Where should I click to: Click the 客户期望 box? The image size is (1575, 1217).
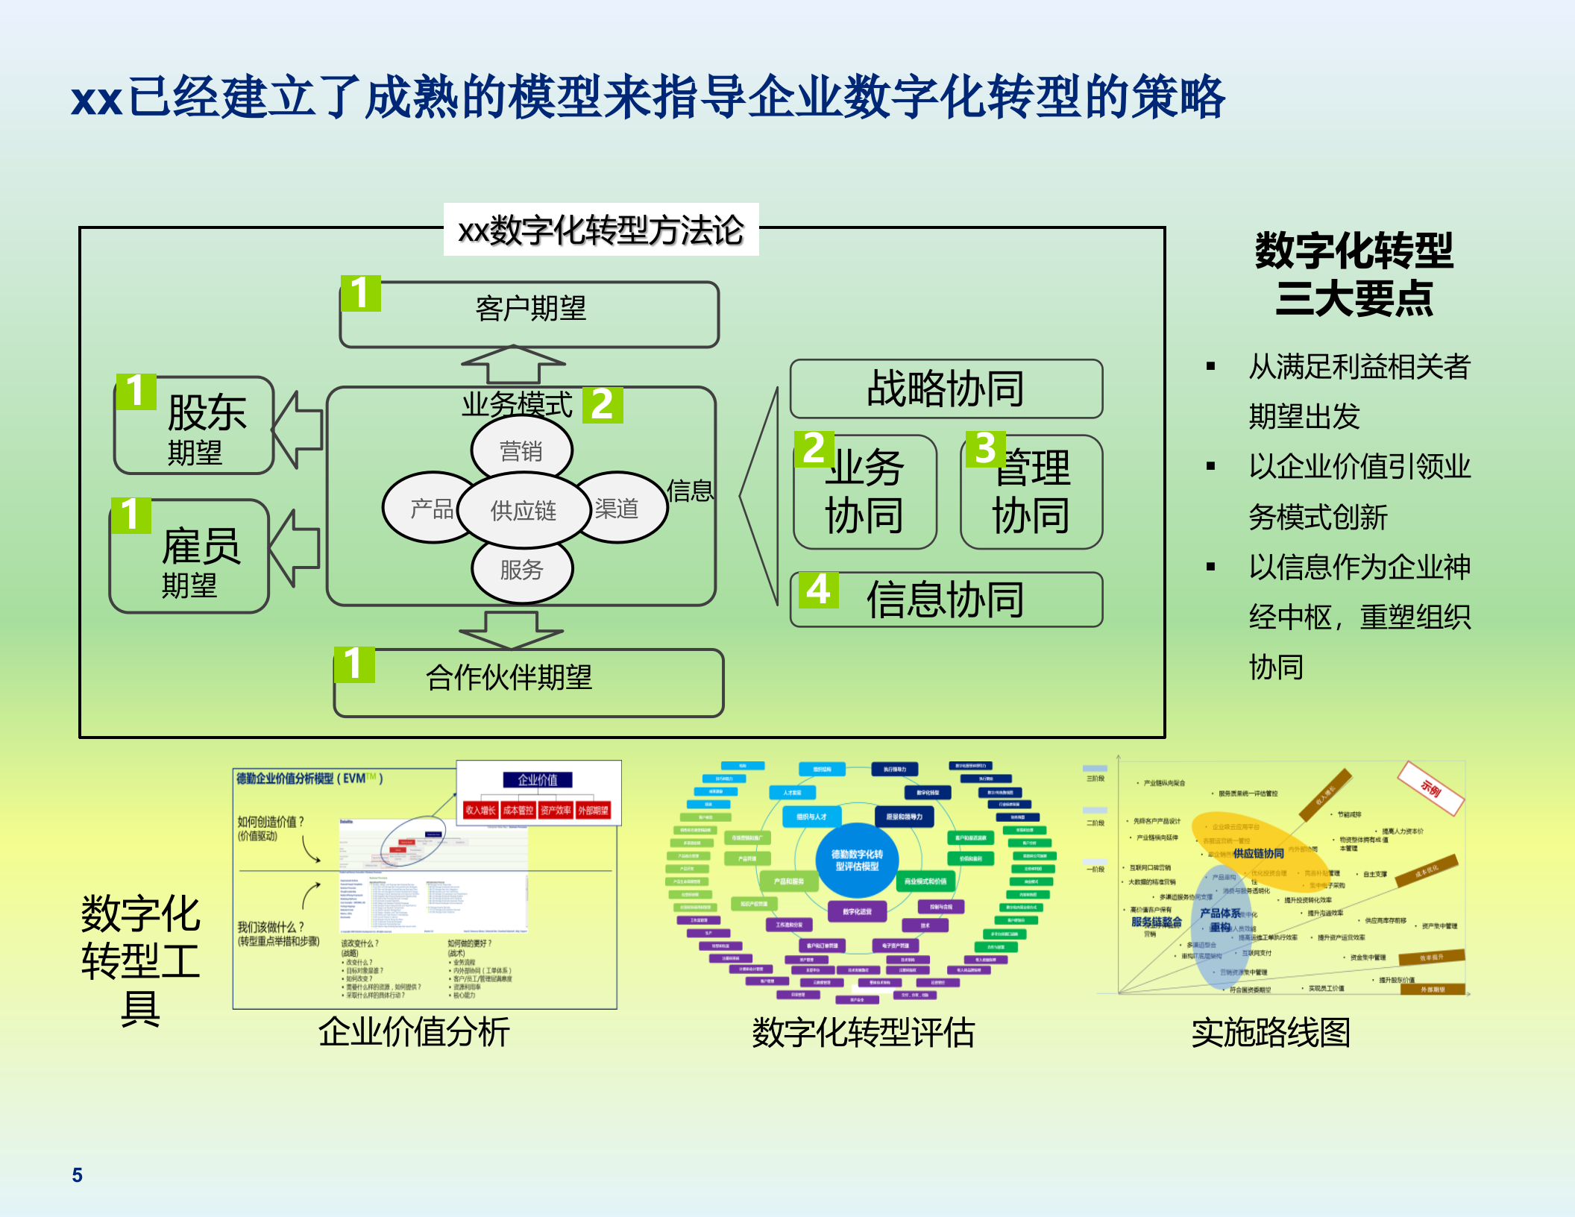point(529,314)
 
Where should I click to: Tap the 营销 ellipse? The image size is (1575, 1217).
point(521,450)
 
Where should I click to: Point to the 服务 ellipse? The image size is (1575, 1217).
point(521,570)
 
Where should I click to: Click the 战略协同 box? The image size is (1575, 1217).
point(946,389)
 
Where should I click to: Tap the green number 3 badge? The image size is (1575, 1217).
point(985,449)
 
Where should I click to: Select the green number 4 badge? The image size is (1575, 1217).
point(818,591)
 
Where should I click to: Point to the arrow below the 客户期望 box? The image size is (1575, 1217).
point(513,365)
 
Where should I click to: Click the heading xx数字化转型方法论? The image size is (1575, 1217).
point(601,230)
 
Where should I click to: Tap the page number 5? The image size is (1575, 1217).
point(77,1175)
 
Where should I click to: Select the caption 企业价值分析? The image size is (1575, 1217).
point(414,1032)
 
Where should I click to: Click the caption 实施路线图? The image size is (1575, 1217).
point(1271,1033)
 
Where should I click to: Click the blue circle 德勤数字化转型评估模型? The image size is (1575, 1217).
point(857,860)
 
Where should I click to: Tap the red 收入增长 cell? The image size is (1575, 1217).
point(480,810)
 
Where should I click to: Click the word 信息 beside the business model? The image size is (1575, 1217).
point(690,491)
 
